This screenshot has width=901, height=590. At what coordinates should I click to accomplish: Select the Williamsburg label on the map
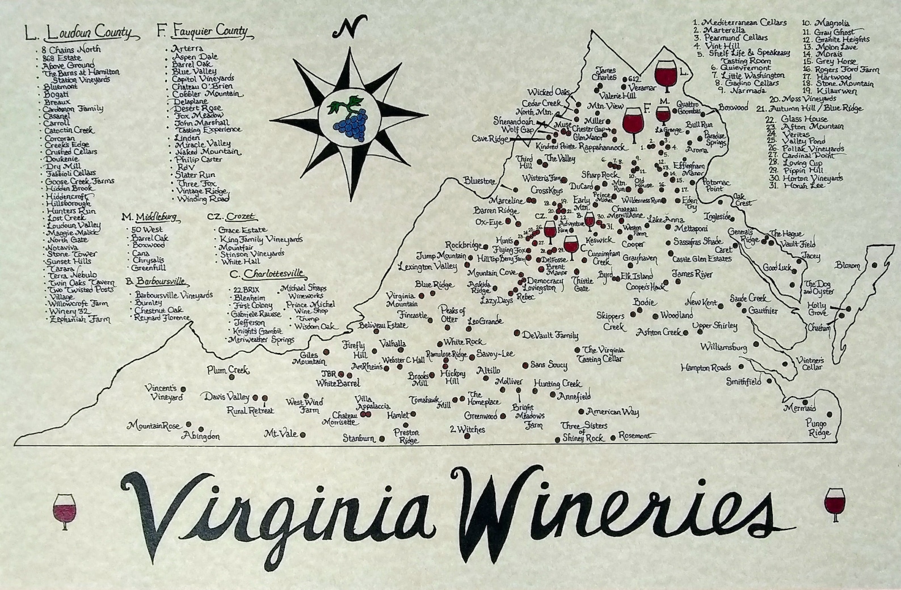(x=723, y=346)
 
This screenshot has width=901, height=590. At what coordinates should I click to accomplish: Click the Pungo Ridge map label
(x=818, y=428)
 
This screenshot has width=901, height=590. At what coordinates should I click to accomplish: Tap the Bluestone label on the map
(x=479, y=181)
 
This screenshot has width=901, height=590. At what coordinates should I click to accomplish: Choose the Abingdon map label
(x=200, y=436)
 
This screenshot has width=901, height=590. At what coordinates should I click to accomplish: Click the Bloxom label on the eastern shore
(x=848, y=265)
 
